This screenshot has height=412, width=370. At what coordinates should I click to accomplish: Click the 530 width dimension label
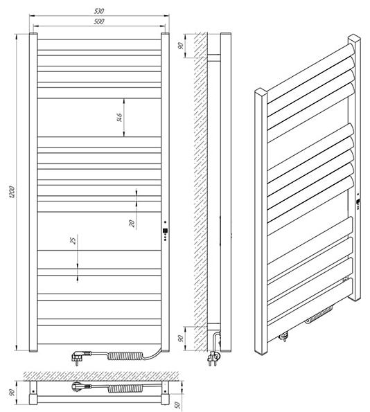[99, 11]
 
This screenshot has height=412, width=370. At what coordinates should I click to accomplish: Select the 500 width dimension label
[99, 21]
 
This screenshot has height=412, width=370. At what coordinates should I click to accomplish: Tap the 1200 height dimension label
[12, 192]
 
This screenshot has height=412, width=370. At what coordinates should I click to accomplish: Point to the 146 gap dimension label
[119, 118]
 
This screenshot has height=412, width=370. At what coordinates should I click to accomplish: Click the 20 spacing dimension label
[132, 224]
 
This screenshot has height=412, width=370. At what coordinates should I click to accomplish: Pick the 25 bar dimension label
[73, 241]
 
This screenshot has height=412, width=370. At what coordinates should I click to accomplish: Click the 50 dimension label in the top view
[178, 404]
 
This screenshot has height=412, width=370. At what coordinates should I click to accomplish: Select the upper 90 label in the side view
[181, 46]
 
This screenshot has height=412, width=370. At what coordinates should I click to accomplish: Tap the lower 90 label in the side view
[181, 339]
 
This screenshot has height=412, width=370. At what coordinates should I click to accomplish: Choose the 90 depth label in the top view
[12, 393]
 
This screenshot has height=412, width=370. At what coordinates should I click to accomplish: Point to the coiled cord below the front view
[125, 356]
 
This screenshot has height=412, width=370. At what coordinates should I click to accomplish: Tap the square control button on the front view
[165, 231]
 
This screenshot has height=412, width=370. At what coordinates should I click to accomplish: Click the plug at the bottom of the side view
[213, 357]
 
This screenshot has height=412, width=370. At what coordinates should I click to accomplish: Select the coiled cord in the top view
[125, 388]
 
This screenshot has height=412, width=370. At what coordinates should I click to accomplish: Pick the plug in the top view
[81, 386]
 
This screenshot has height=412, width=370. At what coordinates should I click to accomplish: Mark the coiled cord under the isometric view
[319, 314]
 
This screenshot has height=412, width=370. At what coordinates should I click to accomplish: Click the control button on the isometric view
[358, 201]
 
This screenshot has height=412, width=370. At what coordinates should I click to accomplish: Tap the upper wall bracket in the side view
[214, 58]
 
